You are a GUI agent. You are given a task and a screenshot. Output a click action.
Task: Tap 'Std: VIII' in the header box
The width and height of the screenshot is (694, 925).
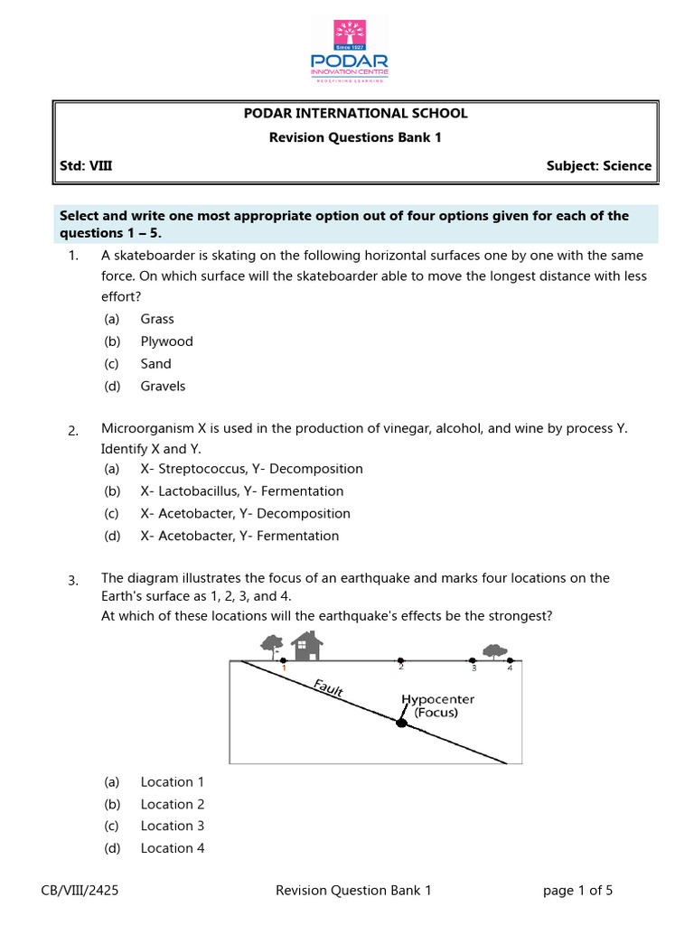coord(86,165)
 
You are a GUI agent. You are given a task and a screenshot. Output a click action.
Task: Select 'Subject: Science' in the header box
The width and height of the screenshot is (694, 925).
coord(598,165)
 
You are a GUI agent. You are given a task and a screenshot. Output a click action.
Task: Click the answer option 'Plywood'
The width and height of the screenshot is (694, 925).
coord(166,341)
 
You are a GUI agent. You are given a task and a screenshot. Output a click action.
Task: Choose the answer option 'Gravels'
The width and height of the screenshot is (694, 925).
coord(163,386)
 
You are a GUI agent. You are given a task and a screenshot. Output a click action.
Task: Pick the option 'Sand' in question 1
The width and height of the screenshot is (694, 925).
coord(155,364)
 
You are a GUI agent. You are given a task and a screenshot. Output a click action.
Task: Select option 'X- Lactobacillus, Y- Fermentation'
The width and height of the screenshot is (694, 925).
coord(241,491)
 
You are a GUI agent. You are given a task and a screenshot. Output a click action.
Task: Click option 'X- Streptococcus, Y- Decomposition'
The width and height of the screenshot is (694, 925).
coord(251,469)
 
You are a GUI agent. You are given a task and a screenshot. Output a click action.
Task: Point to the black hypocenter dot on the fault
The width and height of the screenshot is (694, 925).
coord(401,722)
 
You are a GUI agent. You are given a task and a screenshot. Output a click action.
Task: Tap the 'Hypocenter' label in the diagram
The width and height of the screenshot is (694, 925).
coord(437,699)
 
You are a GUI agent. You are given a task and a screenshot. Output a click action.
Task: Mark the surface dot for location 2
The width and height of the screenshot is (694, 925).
coord(401,660)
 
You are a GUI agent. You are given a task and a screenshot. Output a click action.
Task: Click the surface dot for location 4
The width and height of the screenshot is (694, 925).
coord(510,660)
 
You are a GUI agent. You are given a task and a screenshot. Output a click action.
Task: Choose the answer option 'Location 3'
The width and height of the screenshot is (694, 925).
coord(172,826)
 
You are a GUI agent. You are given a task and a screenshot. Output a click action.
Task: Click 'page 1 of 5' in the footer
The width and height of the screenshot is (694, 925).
coord(577,891)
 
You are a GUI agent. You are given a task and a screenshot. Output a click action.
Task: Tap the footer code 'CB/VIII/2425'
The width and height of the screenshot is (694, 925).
coord(80,891)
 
